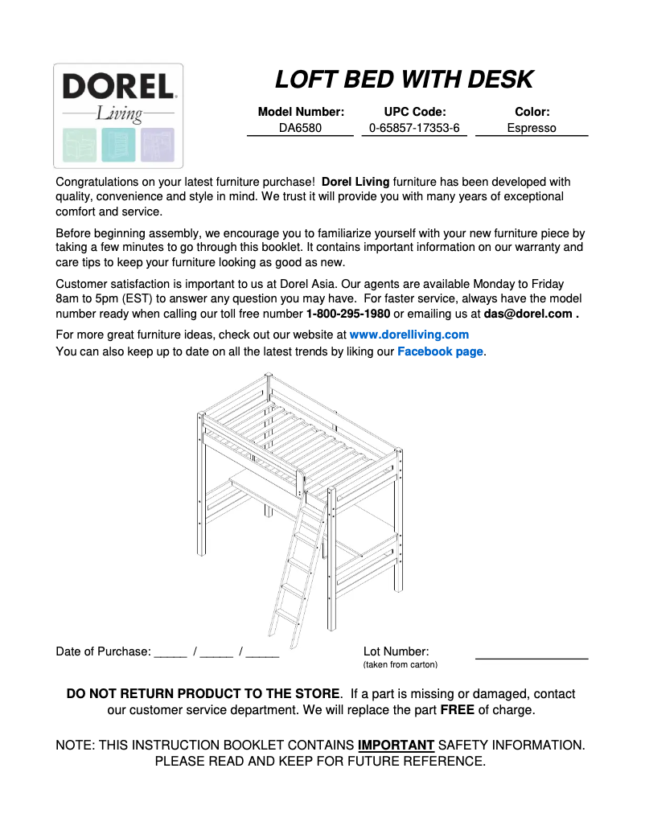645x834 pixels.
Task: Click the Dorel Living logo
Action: click(x=118, y=115)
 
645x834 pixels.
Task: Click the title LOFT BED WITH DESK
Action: click(x=404, y=80)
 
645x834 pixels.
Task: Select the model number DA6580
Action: click(x=300, y=128)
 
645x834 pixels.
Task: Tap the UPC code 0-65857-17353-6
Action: click(x=414, y=128)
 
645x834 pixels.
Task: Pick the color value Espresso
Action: click(x=531, y=128)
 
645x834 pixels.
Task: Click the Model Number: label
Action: click(x=300, y=112)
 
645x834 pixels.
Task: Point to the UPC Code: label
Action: click(x=414, y=112)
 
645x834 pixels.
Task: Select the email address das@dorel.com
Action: click(x=528, y=314)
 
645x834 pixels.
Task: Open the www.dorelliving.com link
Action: click(x=409, y=335)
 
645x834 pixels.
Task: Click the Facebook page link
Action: click(x=440, y=351)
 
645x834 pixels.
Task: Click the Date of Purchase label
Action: click(x=103, y=651)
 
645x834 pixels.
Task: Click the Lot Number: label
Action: click(x=396, y=651)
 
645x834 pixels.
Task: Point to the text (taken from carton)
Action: click(x=400, y=665)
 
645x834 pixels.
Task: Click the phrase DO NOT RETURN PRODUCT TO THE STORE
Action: click(x=203, y=693)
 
